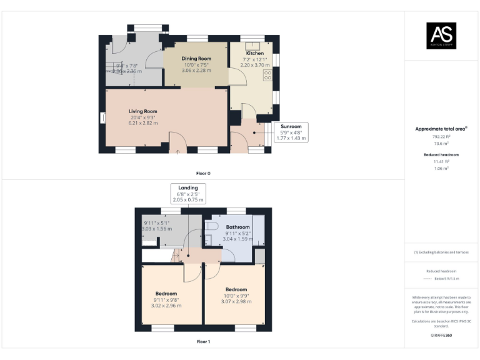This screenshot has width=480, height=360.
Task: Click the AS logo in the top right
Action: coord(441,36)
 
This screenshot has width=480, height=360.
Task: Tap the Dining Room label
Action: coord(196,58)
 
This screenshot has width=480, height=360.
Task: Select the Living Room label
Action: coord(143,111)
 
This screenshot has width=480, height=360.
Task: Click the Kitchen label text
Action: coord(254,54)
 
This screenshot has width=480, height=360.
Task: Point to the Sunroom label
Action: coord(291,126)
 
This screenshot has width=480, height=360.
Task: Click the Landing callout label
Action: coord(188,187)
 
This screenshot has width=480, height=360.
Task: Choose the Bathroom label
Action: coord(237,227)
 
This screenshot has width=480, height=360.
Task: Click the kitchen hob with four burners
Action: coord(268,75)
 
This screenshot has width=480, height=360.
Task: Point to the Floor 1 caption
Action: coord(203,342)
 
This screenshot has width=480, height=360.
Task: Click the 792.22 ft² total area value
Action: coord(441,136)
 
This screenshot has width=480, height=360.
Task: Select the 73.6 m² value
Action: coord(441,142)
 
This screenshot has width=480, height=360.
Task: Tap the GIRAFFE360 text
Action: coord(441,336)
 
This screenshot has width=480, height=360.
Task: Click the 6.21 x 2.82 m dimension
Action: coord(143,123)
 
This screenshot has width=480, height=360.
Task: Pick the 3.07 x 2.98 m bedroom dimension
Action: coord(236,301)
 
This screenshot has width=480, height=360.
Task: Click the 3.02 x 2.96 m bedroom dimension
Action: coord(166,305)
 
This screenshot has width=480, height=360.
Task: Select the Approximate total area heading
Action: coord(441,129)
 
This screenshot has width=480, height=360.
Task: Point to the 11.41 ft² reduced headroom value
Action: coord(441,161)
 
